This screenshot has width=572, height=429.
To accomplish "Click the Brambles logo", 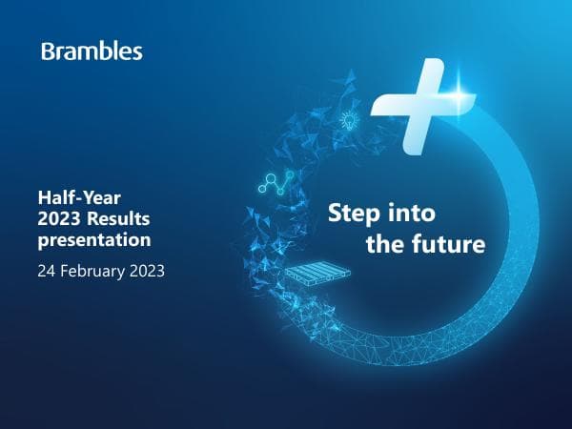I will (92, 51).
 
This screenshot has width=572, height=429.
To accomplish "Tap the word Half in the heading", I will (53, 197).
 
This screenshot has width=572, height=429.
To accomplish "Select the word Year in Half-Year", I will (92, 197).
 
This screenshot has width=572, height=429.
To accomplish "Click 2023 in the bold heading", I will (56, 218).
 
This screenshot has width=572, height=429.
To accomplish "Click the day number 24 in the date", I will (47, 270).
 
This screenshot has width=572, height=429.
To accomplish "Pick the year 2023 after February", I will (147, 270).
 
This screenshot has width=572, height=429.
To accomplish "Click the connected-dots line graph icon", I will (276, 184).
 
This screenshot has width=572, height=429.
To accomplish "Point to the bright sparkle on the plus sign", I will (464, 93).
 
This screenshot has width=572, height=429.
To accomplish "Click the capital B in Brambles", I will (48, 51).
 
